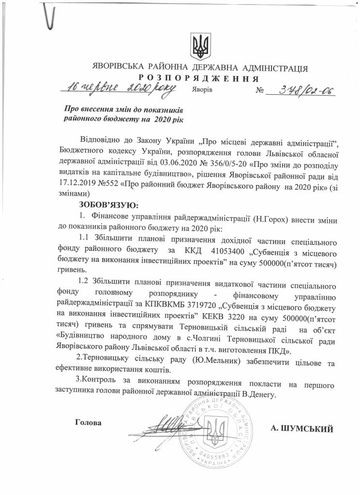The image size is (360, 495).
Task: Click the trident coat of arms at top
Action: point(199,46)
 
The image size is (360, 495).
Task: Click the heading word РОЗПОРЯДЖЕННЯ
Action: point(199,79)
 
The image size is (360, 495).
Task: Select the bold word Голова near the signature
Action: point(89,422)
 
